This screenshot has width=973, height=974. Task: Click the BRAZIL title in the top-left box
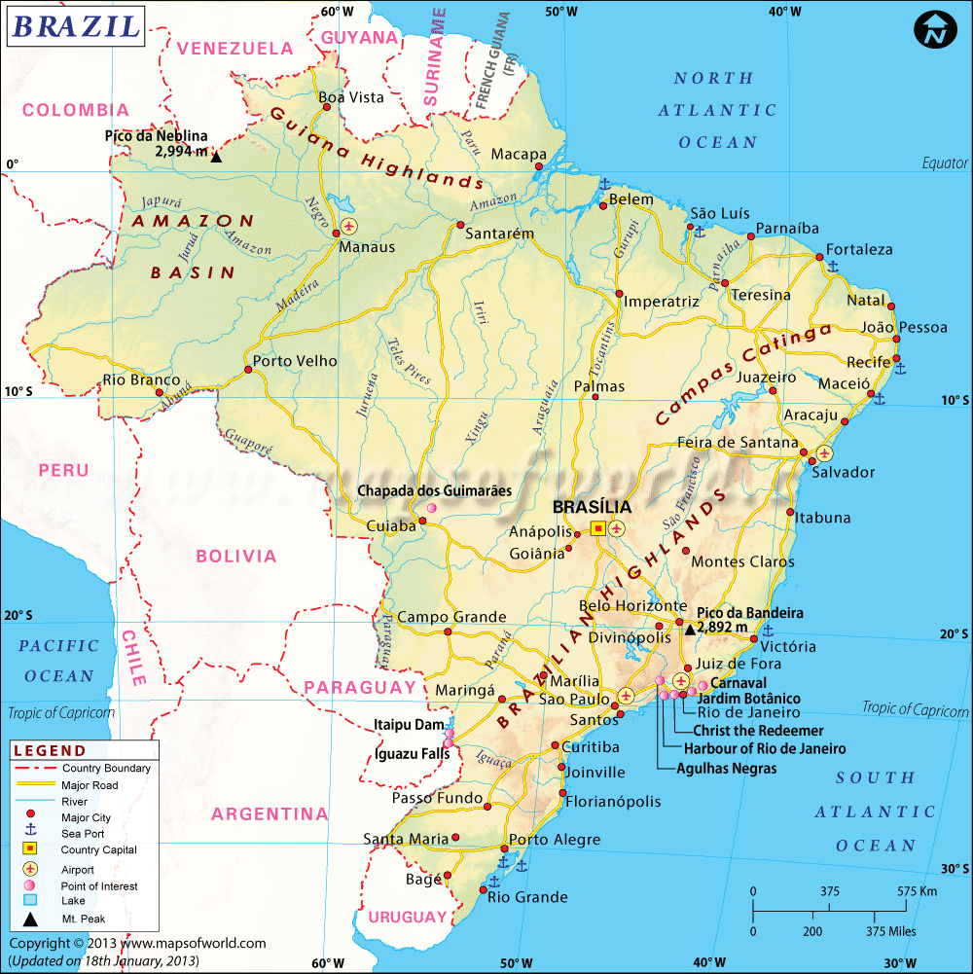pos(75,25)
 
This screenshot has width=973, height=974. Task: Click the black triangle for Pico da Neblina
pos(216,156)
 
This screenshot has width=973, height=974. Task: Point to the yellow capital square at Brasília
pos(598,527)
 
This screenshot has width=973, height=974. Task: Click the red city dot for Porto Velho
pos(245,370)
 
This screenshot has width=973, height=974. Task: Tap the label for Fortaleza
pos(859,249)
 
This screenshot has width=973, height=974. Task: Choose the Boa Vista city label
pos(352,97)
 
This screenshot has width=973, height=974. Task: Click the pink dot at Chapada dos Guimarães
pos(431,508)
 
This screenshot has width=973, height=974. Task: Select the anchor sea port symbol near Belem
pos(602,184)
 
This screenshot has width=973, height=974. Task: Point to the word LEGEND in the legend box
pos(50,751)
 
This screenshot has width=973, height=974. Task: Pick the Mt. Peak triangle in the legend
pos(30,919)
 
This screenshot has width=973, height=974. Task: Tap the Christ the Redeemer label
pos(758,731)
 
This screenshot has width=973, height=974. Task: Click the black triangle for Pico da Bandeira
pos(690,630)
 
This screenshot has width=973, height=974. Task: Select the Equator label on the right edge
pos(945,163)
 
